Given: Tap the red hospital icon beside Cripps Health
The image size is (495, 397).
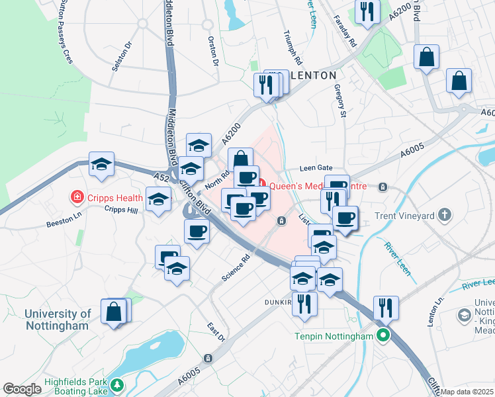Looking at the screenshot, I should [77, 197].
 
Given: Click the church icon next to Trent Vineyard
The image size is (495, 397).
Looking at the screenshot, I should [445, 214].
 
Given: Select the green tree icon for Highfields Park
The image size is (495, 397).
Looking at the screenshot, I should [117, 384].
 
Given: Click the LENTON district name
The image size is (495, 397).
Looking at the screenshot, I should [313, 75].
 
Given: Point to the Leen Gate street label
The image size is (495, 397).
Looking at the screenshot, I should [315, 168].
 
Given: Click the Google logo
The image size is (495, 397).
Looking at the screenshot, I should [21, 389].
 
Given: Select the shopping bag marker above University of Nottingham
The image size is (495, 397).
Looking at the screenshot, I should [114, 312].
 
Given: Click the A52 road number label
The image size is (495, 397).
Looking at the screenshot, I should [161, 177].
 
